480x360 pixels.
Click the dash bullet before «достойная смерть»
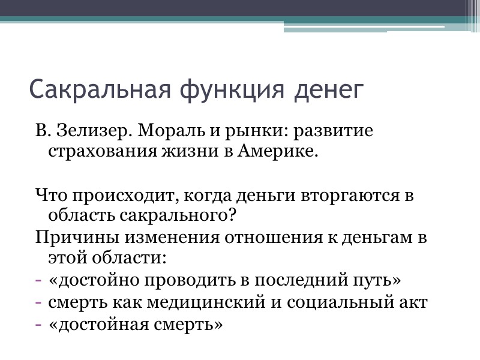38,324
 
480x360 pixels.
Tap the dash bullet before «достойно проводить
38,281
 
